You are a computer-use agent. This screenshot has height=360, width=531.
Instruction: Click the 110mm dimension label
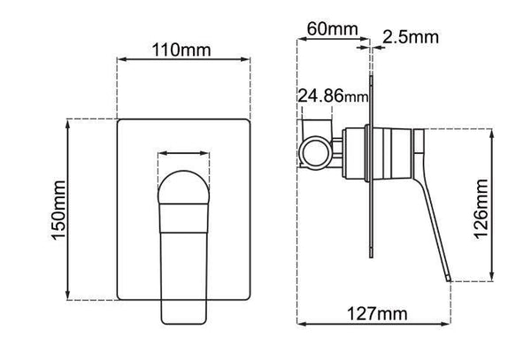184,49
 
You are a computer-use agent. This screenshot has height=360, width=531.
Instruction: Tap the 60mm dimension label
328,29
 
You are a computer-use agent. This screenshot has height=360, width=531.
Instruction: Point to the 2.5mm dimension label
411,36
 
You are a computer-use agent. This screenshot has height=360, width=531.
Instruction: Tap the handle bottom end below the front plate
184,310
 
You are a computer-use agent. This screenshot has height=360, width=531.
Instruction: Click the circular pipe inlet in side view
314,150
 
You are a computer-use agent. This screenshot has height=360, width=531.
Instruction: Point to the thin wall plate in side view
371,177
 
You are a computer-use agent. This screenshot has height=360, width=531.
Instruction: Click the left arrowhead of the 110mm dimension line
121,60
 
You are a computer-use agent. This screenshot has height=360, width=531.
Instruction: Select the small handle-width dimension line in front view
184,153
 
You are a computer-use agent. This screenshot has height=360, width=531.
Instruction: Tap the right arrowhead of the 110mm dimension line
247,60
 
